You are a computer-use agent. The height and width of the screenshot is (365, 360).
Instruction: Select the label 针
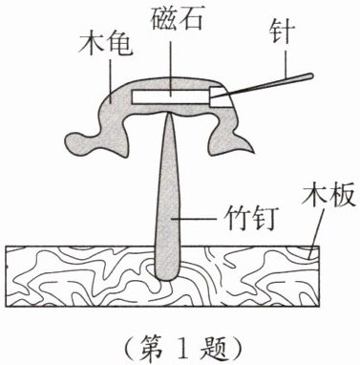pyautogui.click(x=282, y=32)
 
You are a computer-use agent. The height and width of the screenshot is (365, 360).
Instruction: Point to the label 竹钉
pyautogui.click(x=249, y=219)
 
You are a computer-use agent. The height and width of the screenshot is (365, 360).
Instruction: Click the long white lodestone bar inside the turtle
pyautogui.click(x=171, y=97)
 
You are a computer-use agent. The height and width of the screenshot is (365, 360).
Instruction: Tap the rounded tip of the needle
pyautogui.click(x=310, y=75)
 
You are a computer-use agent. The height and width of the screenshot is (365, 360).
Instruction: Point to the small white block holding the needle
pyautogui.click(x=220, y=97)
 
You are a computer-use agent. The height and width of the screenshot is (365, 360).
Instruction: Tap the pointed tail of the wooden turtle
pyautogui.click(x=251, y=151)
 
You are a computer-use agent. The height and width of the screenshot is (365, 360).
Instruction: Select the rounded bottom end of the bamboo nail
pyautogui.click(x=167, y=276)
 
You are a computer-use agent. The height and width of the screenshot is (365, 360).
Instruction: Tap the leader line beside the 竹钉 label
pyautogui.click(x=195, y=219)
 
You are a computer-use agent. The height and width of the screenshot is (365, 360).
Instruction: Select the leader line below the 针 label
pyautogui.click(x=286, y=61)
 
